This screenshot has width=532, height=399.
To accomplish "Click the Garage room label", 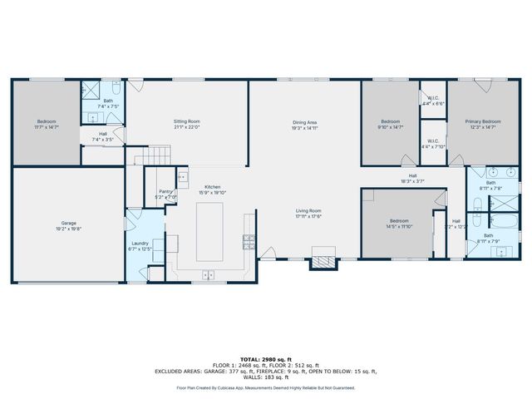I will pyautogui.click(x=69, y=224).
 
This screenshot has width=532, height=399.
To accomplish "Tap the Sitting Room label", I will pyautogui.click(x=186, y=122).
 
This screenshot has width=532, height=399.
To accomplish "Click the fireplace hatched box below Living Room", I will pyautogui.click(x=324, y=263).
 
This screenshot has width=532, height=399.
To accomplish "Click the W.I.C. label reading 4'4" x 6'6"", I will pyautogui.click(x=434, y=98).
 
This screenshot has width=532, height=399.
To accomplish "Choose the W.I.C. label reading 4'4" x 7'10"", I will pyautogui.click(x=434, y=141).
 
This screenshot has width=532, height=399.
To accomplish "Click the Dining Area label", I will pyautogui.click(x=305, y=122).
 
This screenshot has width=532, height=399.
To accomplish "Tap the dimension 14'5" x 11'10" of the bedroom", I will pyautogui.click(x=400, y=226).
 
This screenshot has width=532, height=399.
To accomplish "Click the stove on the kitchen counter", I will pyautogui.click(x=247, y=241).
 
